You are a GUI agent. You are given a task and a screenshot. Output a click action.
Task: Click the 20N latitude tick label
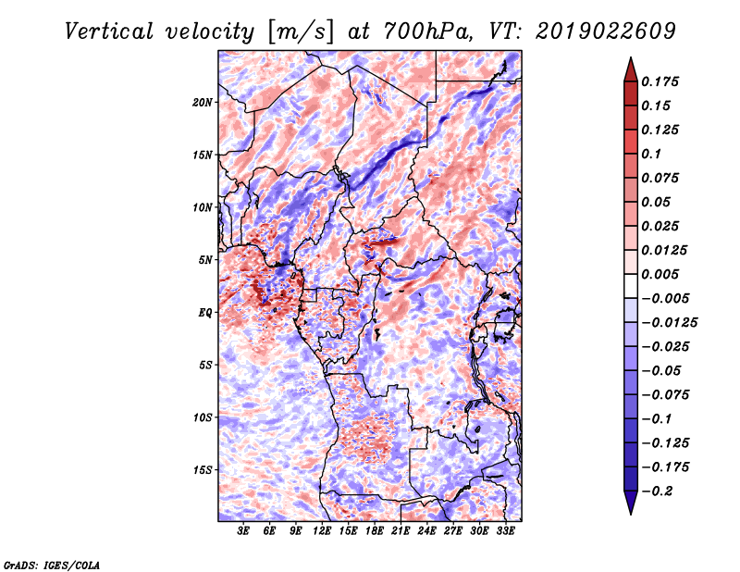tap(203, 102)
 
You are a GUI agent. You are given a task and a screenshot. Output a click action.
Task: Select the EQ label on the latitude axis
tap(205, 312)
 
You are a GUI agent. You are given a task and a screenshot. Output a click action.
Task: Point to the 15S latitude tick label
tap(203, 469)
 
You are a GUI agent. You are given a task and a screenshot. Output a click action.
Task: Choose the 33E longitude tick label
tap(506, 531)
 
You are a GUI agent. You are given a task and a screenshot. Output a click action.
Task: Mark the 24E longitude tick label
tap(427, 531)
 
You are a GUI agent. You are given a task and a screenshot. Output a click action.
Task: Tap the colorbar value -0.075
tap(670, 394)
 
